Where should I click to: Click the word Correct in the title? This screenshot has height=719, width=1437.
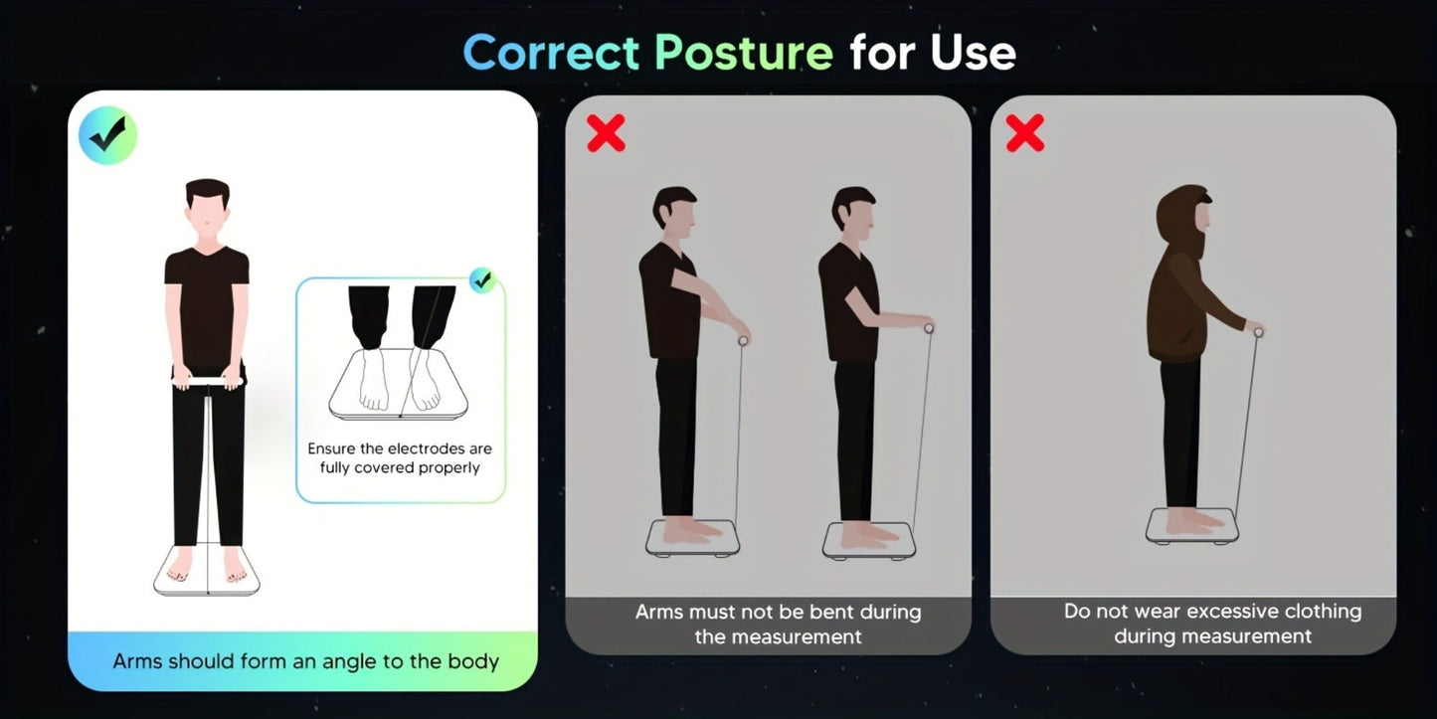click(x=551, y=52)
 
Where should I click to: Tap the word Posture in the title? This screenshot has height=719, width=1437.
click(x=744, y=52)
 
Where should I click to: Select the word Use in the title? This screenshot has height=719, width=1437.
click(x=974, y=52)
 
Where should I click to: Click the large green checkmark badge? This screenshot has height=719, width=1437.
click(x=107, y=135)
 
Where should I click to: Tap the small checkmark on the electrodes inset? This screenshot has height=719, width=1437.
click(x=481, y=280)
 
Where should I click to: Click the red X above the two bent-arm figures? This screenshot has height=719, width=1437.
click(x=606, y=133)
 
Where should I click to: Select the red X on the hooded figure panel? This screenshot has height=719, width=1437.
click(x=1025, y=133)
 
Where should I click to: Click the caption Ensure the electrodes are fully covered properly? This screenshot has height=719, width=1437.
click(x=400, y=458)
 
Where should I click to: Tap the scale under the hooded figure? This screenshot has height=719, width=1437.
click(x=1192, y=526)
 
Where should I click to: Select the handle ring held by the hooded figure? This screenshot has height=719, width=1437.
click(x=1258, y=332)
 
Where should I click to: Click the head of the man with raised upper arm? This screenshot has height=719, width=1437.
click(x=674, y=213)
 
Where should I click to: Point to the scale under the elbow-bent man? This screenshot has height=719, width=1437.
click(x=869, y=541)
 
